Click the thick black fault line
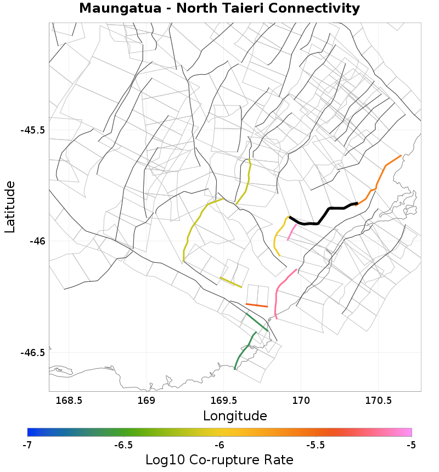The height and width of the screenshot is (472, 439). [329, 209]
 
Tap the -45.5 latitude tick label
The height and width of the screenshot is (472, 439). [32, 131]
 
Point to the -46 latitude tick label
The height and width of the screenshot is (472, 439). [36, 241]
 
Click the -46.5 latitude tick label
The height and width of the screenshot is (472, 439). [32, 352]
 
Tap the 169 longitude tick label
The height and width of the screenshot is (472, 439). [147, 401]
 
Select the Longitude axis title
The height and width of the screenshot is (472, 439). [235, 416]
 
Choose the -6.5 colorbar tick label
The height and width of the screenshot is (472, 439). [123, 445]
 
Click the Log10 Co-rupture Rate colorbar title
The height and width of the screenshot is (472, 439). [219, 460]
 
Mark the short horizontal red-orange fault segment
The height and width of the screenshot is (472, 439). [257, 305]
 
